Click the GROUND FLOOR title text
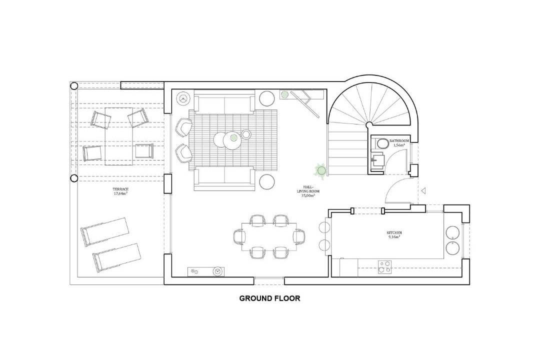click(x=269, y=298)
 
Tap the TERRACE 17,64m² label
click(x=120, y=191)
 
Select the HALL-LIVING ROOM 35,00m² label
click(x=307, y=191)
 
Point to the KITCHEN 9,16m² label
click(x=394, y=234)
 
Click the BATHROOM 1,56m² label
click(x=399, y=143)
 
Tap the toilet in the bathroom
click(x=380, y=142)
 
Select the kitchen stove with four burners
click(x=384, y=267)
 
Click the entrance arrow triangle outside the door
click(x=424, y=190)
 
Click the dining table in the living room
click(x=269, y=236)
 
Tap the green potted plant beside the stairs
click(x=321, y=170)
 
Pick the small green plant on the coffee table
click(x=234, y=138)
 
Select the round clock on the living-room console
click(x=217, y=271)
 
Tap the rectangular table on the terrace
click(x=118, y=136)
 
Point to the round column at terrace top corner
click(x=73, y=85)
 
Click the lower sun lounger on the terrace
click(x=116, y=257)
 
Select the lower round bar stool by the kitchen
click(x=324, y=244)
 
